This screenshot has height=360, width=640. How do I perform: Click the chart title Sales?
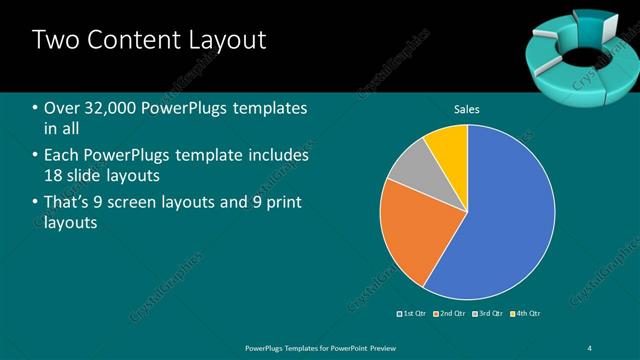point(467,107)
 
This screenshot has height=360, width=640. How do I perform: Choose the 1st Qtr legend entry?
point(413,313)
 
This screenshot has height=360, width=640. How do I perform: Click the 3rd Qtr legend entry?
point(489,313)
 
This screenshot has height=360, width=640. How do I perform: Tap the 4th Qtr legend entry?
point(526,313)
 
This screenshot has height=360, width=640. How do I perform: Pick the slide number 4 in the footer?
point(590,348)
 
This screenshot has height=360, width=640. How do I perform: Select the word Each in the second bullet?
point(62,156)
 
